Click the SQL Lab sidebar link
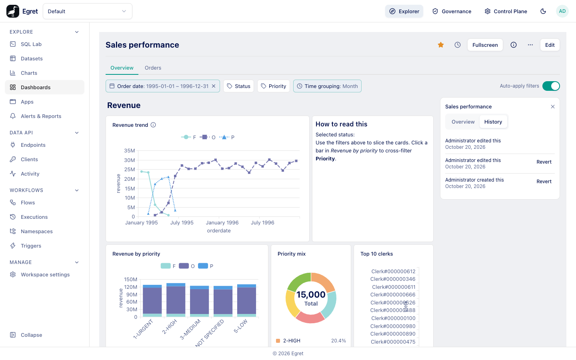click(x=31, y=44)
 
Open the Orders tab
click(x=153, y=68)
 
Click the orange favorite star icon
click(x=441, y=45)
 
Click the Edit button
click(x=550, y=45)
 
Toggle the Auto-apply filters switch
click(x=551, y=86)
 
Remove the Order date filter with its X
click(x=214, y=86)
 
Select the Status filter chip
click(x=238, y=86)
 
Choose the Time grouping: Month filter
click(x=327, y=86)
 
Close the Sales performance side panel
click(x=553, y=107)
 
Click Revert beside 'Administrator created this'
click(x=544, y=182)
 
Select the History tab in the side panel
click(x=493, y=122)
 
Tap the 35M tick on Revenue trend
click(x=129, y=151)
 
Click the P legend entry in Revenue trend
click(x=227, y=137)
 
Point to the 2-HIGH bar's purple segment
click(x=176, y=300)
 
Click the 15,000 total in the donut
click(x=311, y=295)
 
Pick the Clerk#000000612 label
click(x=393, y=272)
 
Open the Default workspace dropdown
click(x=88, y=11)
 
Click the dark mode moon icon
click(x=543, y=11)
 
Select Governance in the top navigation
click(x=452, y=11)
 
